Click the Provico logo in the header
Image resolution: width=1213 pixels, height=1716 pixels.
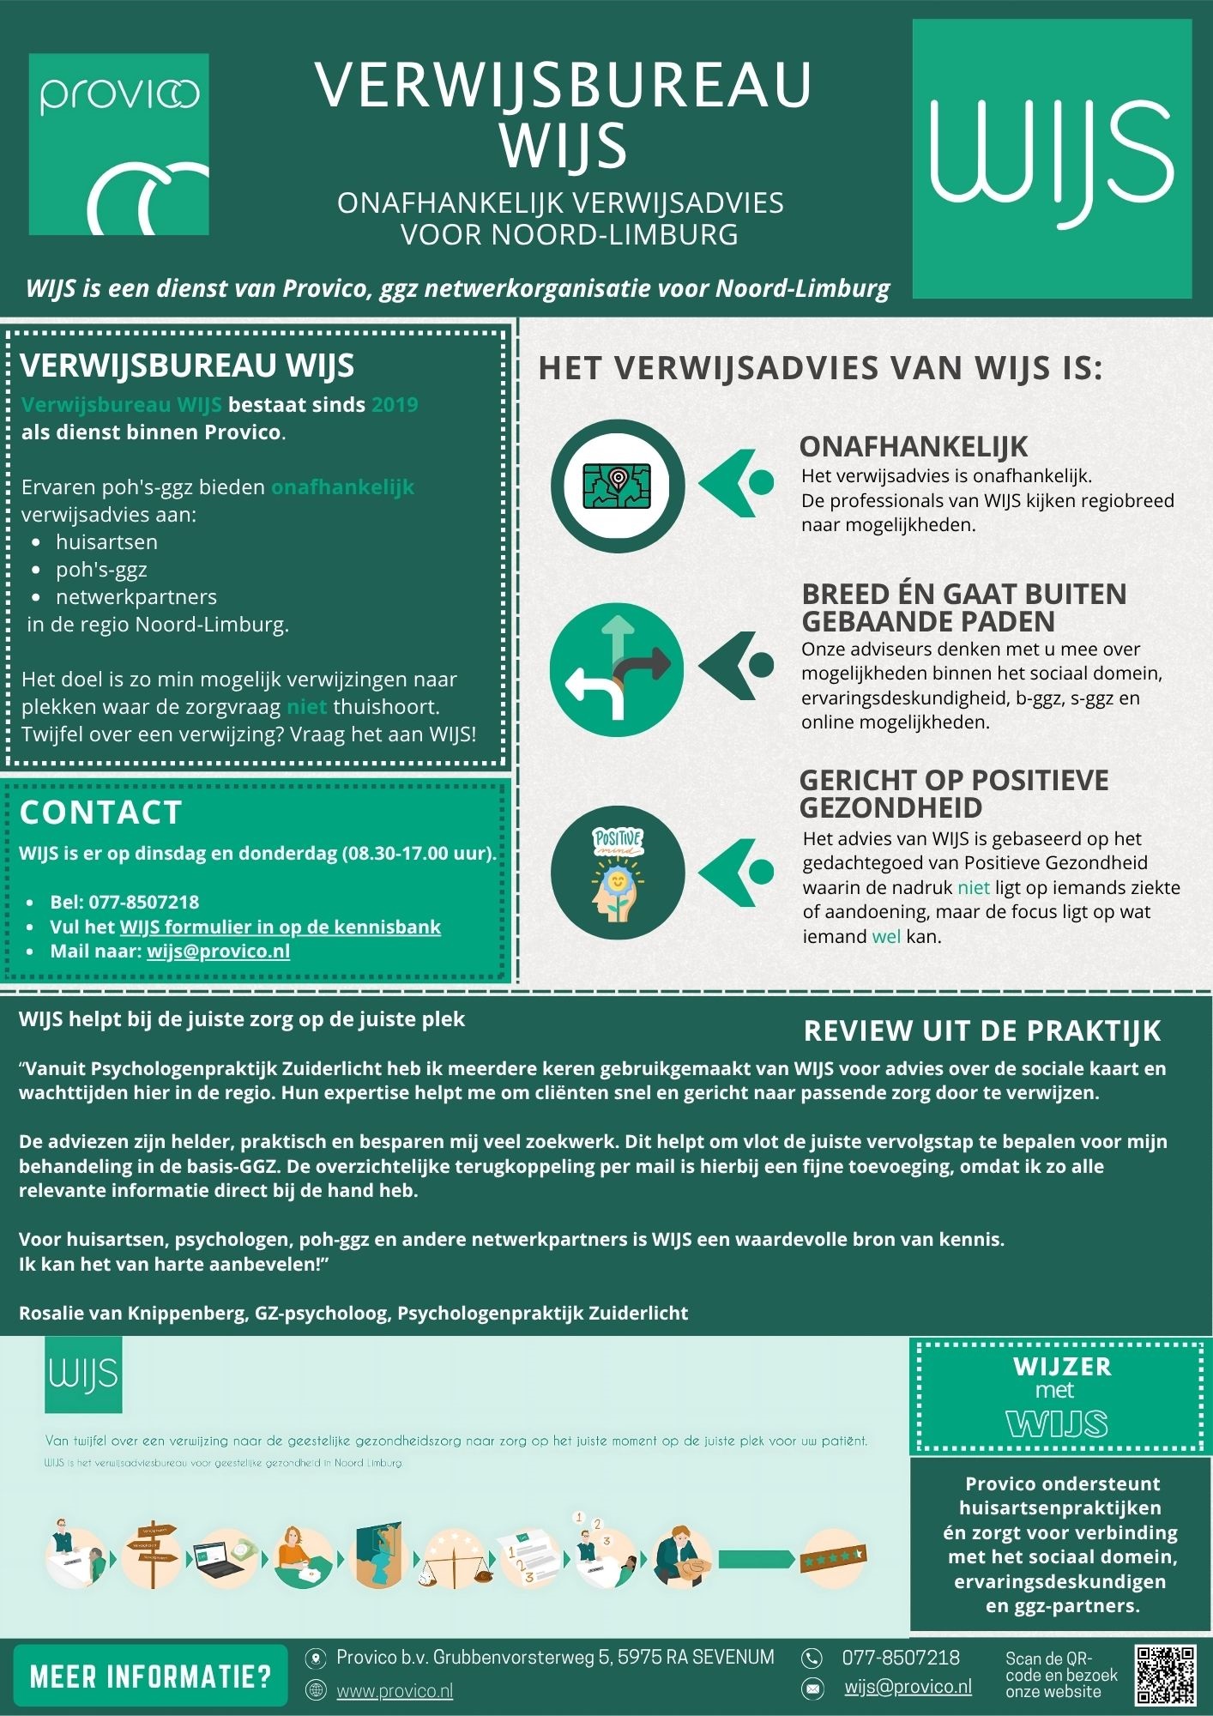[x=119, y=144]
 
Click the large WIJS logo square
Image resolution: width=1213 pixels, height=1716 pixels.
[x=1052, y=160]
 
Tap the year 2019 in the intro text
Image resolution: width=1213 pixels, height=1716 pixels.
[x=395, y=405]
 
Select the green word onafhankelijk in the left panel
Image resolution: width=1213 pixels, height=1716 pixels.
[x=342, y=487]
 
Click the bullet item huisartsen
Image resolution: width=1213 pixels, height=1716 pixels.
[x=106, y=542]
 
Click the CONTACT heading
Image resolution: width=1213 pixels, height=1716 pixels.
[x=100, y=813]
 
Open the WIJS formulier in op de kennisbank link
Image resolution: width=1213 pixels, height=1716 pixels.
[x=280, y=927]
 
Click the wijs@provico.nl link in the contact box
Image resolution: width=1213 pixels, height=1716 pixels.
[x=218, y=951]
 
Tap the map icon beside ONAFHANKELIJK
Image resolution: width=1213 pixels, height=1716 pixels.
[x=618, y=486]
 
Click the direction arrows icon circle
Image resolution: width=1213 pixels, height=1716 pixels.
[x=617, y=669]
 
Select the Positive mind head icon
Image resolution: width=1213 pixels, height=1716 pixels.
[x=618, y=873]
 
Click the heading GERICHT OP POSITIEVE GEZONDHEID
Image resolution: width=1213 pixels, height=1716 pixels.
[x=952, y=794]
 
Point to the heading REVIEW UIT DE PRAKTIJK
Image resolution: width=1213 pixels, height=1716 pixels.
[x=981, y=1030]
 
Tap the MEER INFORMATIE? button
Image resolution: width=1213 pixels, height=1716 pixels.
[x=150, y=1676]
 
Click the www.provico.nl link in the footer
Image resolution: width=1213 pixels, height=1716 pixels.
[x=394, y=1690]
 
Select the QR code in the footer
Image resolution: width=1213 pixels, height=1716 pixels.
[x=1164, y=1675]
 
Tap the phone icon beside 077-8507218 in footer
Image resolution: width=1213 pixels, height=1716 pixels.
[x=812, y=1658]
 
